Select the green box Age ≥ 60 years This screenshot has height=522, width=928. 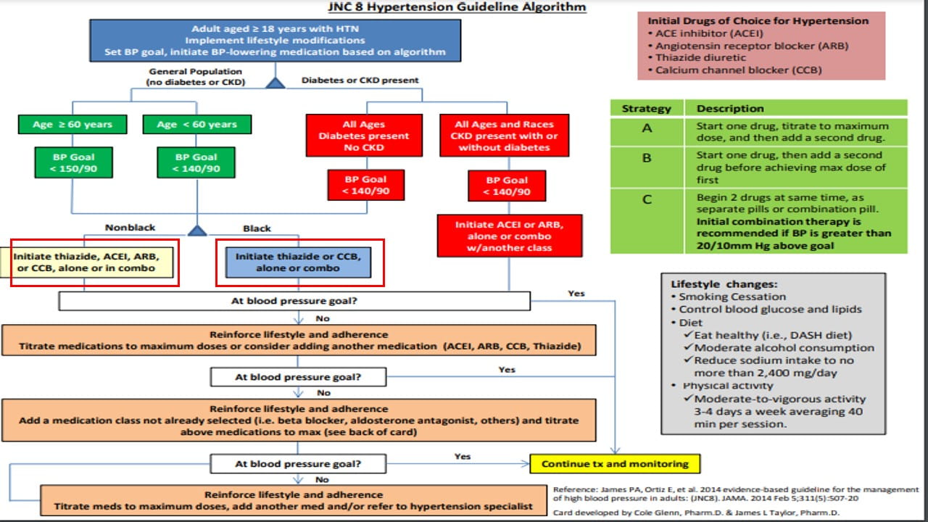click(72, 125)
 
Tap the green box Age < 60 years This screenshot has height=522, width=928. click(196, 125)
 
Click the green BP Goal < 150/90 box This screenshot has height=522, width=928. click(72, 163)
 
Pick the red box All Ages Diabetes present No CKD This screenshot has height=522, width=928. click(365, 136)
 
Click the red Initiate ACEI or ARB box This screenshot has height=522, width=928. click(509, 236)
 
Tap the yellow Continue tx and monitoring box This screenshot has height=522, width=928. click(615, 464)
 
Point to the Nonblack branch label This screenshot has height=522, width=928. click(130, 228)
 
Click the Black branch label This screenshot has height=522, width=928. click(257, 228)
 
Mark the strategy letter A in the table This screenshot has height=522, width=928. click(647, 128)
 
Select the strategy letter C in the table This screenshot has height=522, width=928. click(647, 199)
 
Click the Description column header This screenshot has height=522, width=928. click(730, 109)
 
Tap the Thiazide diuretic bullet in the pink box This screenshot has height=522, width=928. click(690, 58)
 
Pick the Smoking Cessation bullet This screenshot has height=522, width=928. click(732, 297)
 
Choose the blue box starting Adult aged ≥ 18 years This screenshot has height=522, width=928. click(275, 41)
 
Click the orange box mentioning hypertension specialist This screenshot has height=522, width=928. click(294, 500)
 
